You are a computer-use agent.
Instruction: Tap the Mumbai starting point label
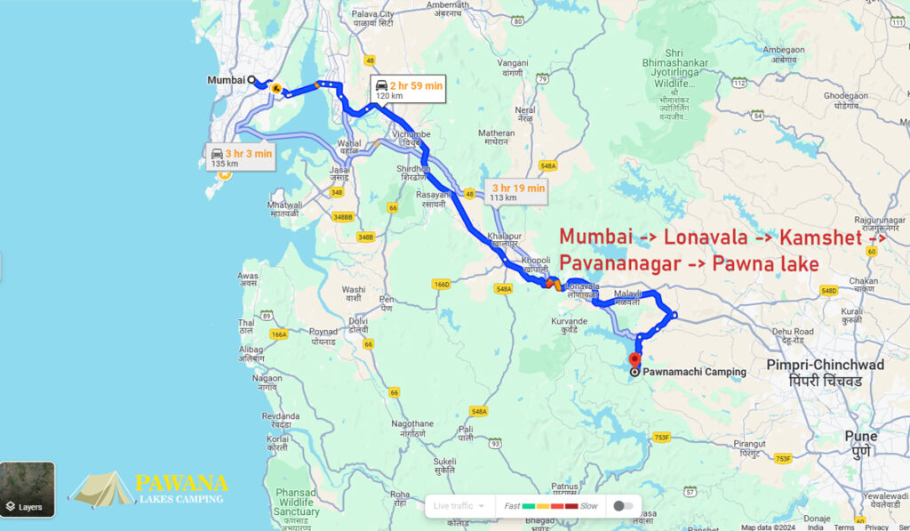coord(226,80)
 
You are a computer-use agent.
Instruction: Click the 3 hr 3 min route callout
coord(240,158)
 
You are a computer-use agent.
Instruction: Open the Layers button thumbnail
coord(28,488)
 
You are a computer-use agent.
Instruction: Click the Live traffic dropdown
coord(459,505)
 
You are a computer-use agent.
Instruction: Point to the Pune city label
coord(860,442)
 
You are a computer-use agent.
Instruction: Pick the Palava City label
coord(372,20)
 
